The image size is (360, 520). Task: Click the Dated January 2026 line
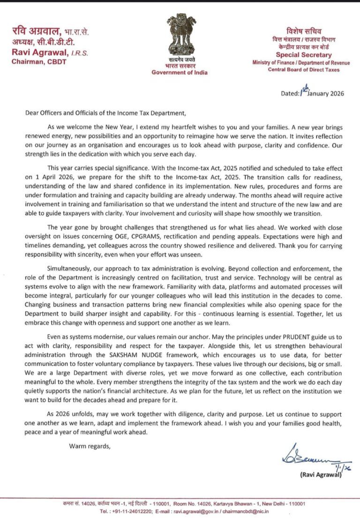pos(312,93)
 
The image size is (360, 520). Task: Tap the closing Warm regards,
pos(90,445)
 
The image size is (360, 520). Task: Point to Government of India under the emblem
pos(180,72)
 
